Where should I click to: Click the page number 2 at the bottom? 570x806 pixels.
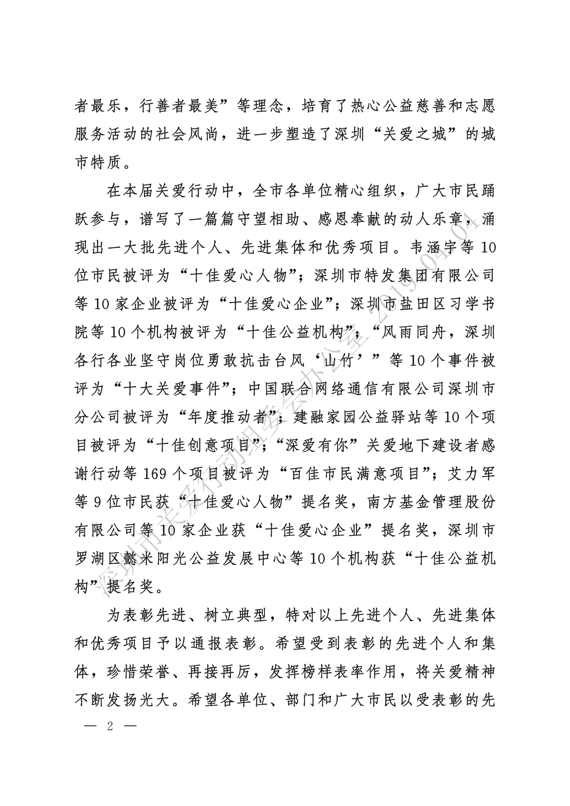point(110,726)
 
